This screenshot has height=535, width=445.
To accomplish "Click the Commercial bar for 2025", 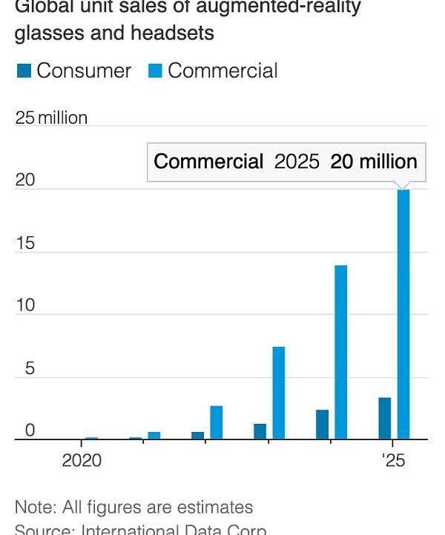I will click(x=403, y=314).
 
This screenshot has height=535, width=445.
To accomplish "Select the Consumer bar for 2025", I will click(x=384, y=419).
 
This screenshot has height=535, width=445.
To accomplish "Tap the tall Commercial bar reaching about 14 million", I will click(x=340, y=352).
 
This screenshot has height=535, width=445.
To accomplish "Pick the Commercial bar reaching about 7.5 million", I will click(x=278, y=393).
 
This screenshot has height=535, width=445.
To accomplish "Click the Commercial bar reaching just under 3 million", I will click(x=216, y=422).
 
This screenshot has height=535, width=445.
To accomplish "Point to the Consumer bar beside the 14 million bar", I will click(x=322, y=425).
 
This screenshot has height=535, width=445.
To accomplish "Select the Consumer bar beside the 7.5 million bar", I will click(x=260, y=431).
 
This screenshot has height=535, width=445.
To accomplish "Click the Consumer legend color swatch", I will click(x=24, y=71).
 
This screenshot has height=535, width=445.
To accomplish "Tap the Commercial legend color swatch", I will click(x=155, y=71).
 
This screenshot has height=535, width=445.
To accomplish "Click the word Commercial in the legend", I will click(x=222, y=71).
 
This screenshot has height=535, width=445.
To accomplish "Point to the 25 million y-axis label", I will click(x=51, y=118).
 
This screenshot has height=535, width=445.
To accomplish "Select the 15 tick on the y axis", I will click(x=25, y=243).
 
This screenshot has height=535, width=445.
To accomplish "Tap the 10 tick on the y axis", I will click(x=25, y=305).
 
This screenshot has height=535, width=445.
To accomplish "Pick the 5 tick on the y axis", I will click(x=30, y=368).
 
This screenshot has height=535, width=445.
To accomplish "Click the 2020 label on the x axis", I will click(x=82, y=460).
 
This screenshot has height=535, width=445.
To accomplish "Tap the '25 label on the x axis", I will click(x=394, y=460).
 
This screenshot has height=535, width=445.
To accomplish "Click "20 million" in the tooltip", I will click(x=374, y=162).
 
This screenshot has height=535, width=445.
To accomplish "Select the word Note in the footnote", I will click(x=33, y=508).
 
